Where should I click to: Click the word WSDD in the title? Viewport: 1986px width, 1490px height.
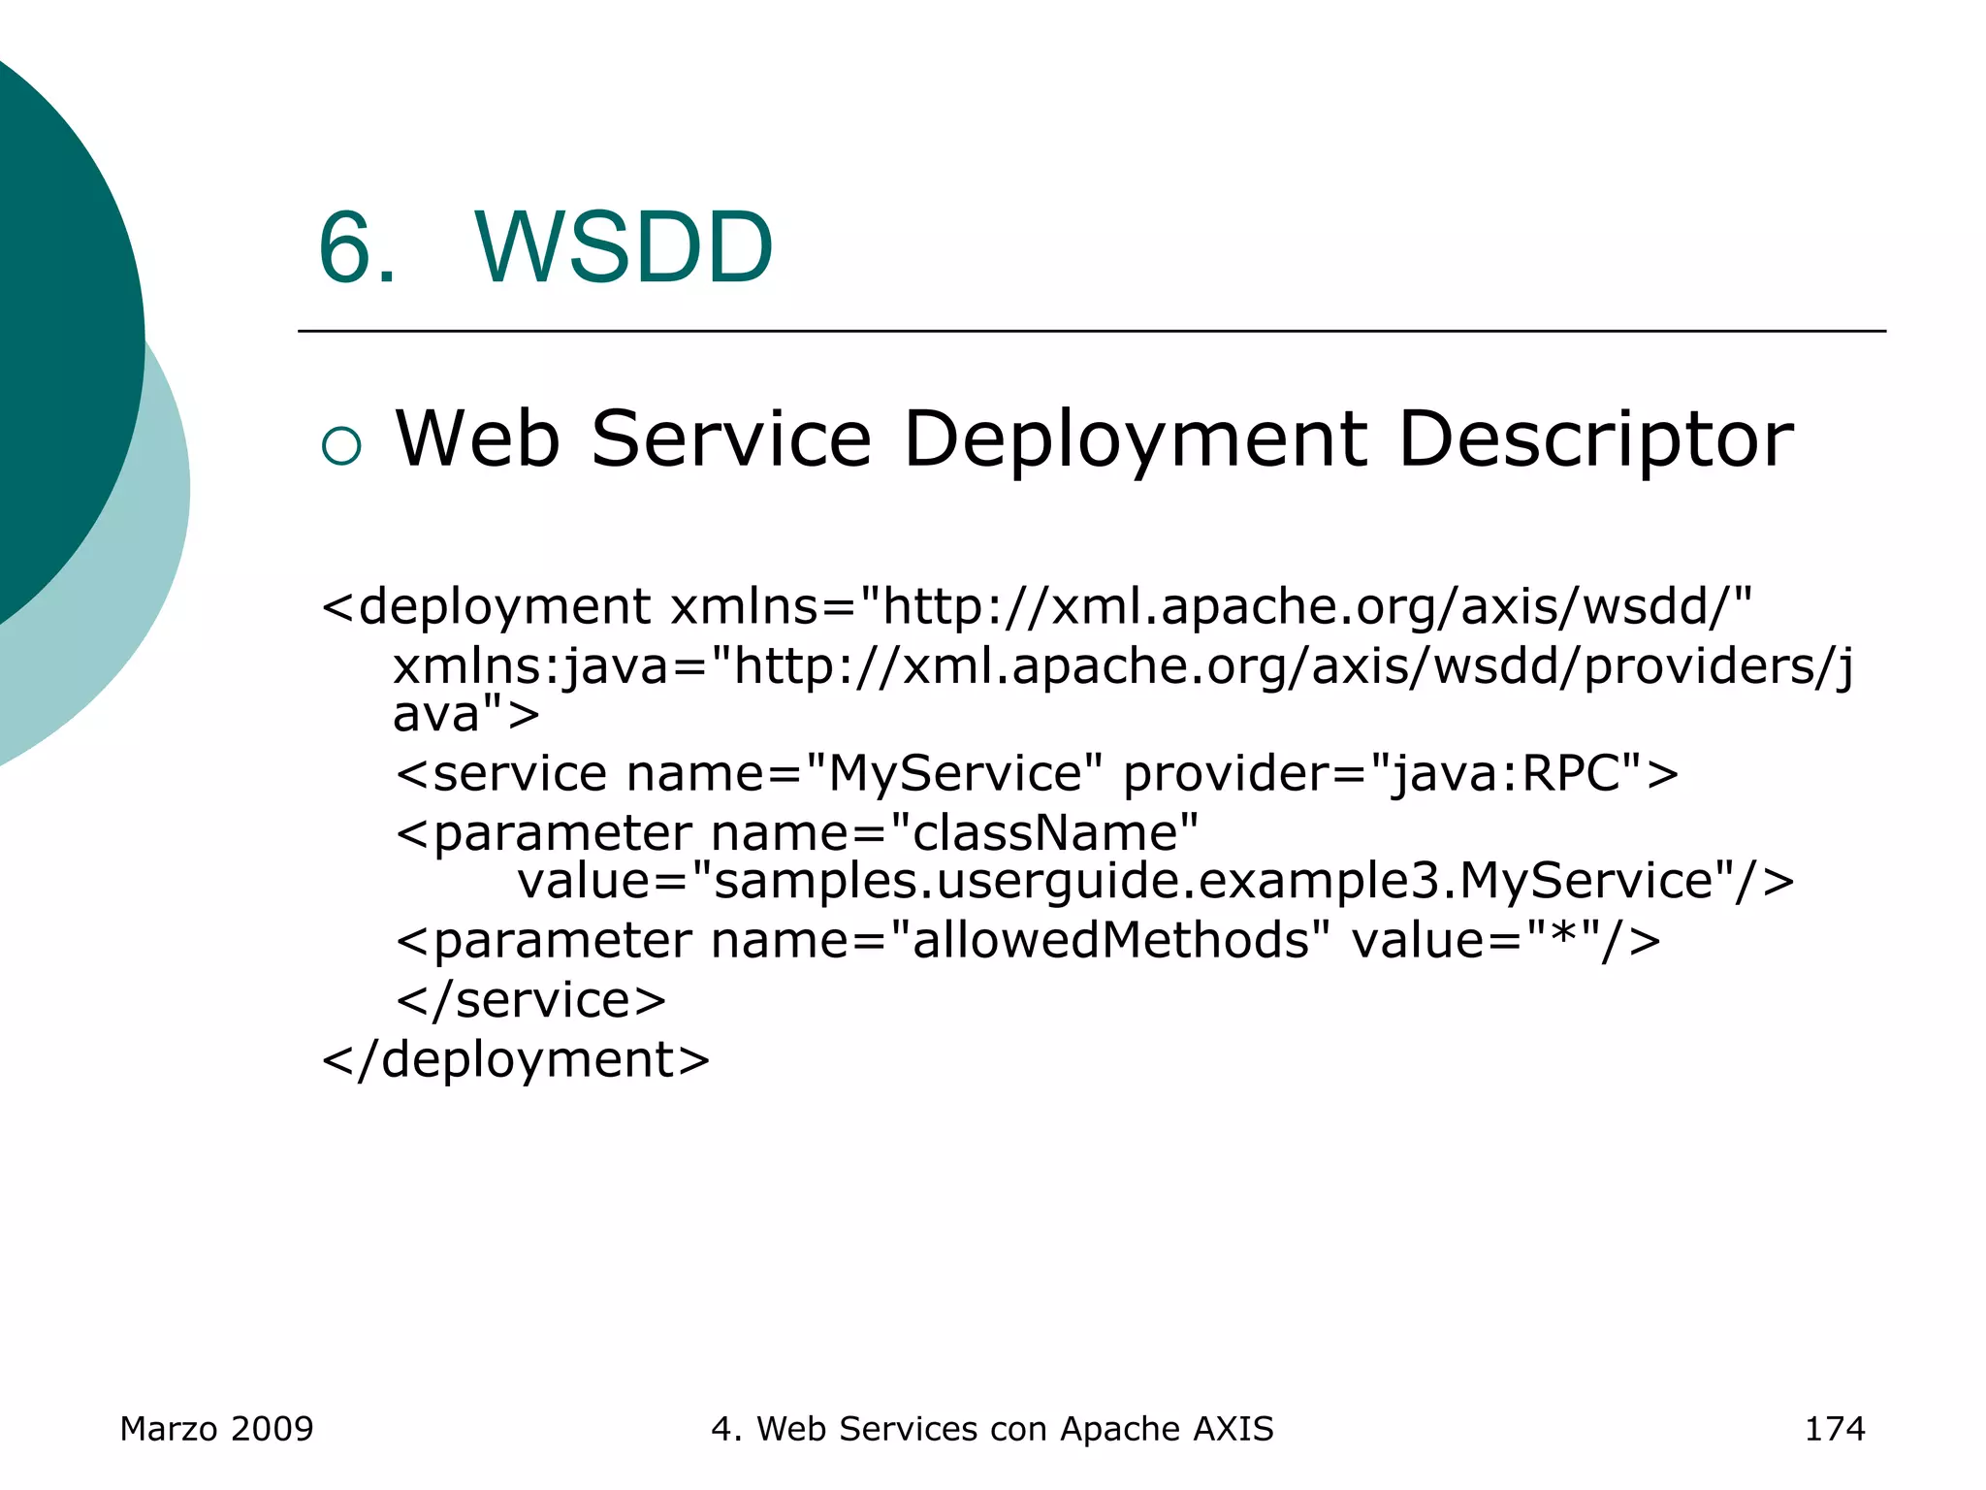click(624, 248)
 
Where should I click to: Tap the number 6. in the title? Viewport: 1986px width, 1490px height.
click(357, 248)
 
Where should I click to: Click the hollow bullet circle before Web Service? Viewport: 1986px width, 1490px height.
click(341, 445)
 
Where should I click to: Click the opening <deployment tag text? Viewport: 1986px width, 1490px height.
click(486, 607)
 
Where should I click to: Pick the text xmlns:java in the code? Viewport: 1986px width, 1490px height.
click(531, 667)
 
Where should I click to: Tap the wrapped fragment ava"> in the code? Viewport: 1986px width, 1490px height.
click(465, 714)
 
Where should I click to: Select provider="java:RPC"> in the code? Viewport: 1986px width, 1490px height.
click(1400, 774)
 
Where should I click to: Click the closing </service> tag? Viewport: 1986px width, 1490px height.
click(531, 1000)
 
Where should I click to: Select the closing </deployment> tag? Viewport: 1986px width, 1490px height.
click(516, 1059)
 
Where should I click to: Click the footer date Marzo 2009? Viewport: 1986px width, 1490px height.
click(216, 1429)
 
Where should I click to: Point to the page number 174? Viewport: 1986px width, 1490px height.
click(1834, 1429)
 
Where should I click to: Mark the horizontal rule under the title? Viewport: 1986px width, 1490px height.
click(1091, 331)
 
